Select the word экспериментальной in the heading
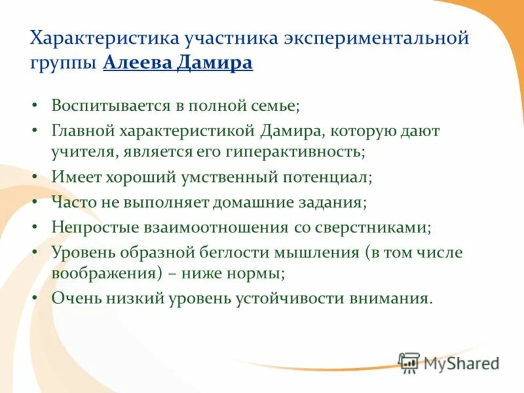point(376,39)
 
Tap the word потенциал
point(319,178)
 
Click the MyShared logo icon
point(409,363)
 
